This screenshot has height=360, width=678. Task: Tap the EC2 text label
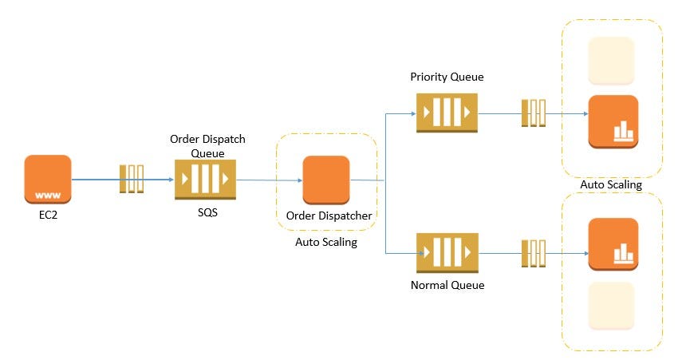point(48,215)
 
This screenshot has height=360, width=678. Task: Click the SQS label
point(207,213)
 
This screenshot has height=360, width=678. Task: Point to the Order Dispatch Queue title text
point(207,145)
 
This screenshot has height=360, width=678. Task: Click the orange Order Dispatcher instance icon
point(326,180)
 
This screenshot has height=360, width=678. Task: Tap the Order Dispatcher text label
point(326,215)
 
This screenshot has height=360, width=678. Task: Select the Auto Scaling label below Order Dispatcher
point(326,242)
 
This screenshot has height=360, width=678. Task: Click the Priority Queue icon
point(447,113)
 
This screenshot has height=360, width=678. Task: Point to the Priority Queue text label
point(447,77)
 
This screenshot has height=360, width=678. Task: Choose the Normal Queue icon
point(447,253)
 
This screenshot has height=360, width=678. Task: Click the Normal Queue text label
point(447,284)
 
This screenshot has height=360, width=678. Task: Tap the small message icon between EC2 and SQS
point(132,179)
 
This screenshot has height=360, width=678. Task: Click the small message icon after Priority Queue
point(533,113)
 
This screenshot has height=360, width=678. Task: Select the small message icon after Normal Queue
point(533,253)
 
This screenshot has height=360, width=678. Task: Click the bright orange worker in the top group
point(613,121)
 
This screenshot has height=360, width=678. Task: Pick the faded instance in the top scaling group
point(611,61)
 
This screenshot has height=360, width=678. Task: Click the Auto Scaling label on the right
point(612,185)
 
